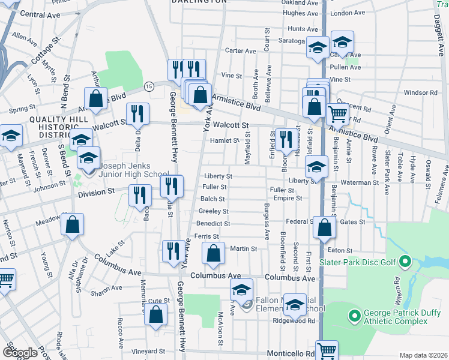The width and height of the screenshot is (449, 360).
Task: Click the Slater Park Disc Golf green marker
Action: (405, 262)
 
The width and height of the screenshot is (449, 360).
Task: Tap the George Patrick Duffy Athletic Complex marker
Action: (354, 314)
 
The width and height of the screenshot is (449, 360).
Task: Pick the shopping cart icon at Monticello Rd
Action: (327, 351)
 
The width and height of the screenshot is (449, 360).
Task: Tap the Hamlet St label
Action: (224, 140)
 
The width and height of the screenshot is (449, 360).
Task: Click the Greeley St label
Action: (213, 211)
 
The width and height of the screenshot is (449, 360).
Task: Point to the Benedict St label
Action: (212, 223)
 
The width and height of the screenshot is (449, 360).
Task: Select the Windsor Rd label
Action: (420, 92)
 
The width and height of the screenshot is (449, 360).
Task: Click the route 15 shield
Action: (149, 87)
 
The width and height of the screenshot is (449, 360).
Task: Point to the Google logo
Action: (20, 353)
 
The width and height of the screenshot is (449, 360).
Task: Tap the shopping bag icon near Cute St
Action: (155, 314)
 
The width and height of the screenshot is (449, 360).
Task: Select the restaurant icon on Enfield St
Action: (285, 140)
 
